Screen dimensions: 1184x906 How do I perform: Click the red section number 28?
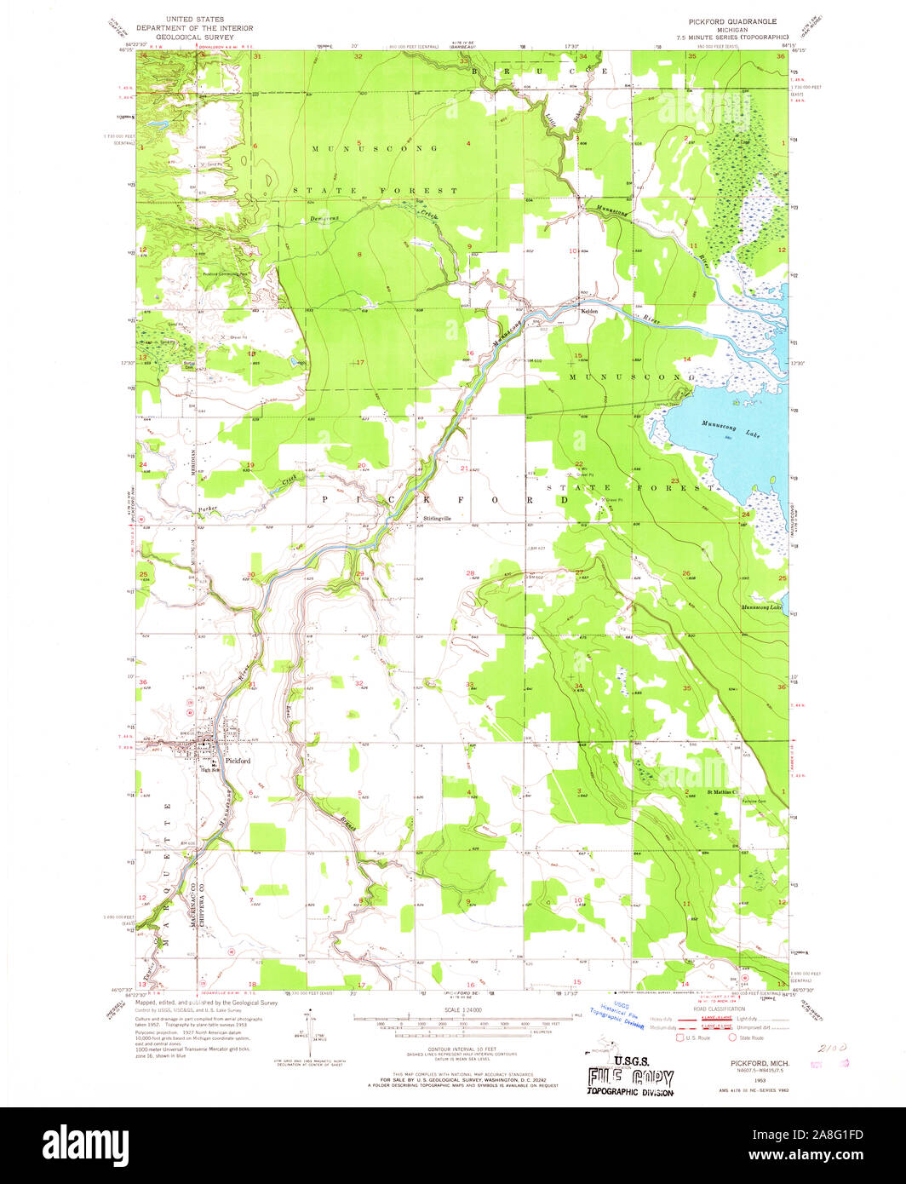point(470,573)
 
